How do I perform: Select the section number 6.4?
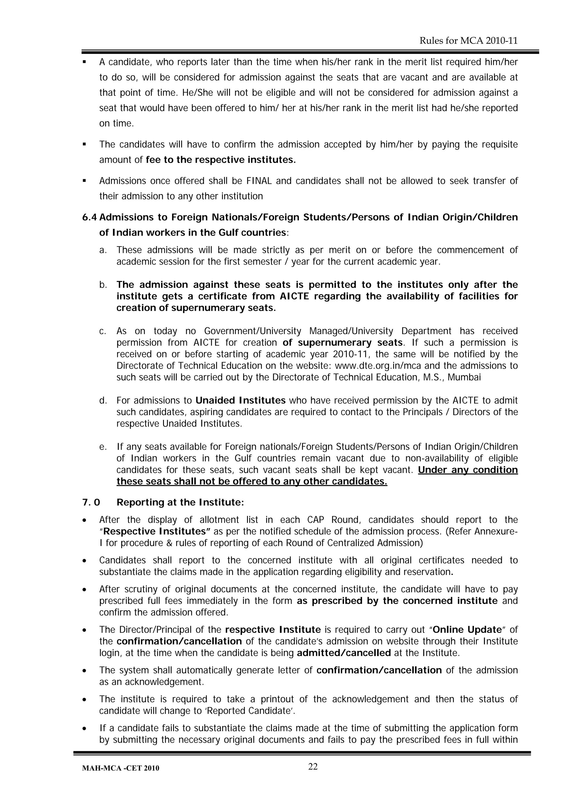tap(89, 218)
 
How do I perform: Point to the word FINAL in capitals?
tap(259, 181)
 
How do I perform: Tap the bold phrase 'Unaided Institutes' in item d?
tap(240, 401)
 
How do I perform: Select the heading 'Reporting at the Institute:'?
tap(180, 503)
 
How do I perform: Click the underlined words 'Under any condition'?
tap(468, 470)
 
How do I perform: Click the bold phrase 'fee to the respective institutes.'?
tap(221, 160)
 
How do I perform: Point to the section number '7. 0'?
tap(91, 503)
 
